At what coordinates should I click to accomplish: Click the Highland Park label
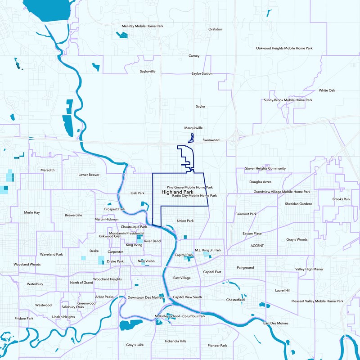[x=177, y=192]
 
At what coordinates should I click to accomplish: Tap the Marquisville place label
[x=193, y=128]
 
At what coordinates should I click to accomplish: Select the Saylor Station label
[x=202, y=73]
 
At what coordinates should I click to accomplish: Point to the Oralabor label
[x=215, y=29]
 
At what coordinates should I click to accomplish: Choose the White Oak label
[x=327, y=90]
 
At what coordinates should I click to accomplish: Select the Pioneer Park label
[x=217, y=346]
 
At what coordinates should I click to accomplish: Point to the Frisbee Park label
[x=24, y=318]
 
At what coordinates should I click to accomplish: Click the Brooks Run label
[x=341, y=199]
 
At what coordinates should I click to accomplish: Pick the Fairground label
[x=246, y=268]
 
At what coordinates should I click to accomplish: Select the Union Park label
[x=185, y=221]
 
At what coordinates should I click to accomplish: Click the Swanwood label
[x=211, y=140]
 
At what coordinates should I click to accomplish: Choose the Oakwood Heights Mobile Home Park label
[x=284, y=48]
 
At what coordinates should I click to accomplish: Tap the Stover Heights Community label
[x=265, y=168]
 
